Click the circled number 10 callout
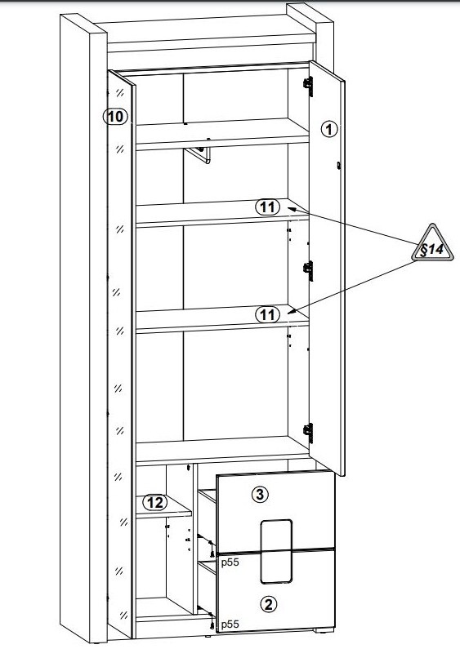[116, 117]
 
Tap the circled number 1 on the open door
[329, 130]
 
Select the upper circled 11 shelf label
[268, 207]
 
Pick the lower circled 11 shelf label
[268, 315]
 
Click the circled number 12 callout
[155, 503]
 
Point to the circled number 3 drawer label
[260, 494]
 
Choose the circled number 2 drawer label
[268, 604]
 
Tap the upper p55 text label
[230, 562]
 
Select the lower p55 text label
[230, 625]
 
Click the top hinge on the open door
[308, 86]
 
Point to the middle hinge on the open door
[308, 270]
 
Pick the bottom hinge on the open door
[308, 433]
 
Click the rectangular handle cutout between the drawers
[276, 551]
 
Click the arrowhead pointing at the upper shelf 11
[292, 210]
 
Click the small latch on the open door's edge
[339, 166]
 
